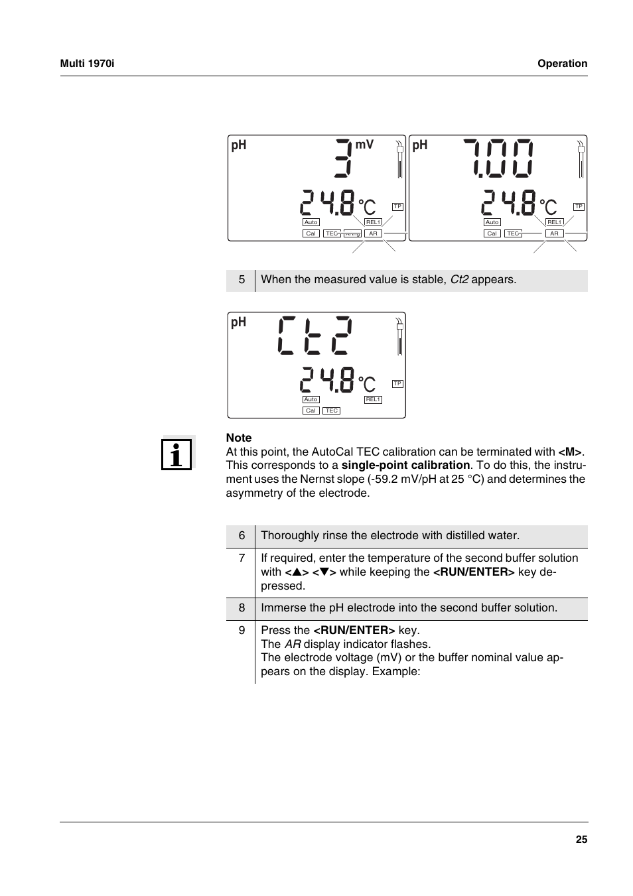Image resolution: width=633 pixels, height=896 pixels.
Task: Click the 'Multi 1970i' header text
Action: (87, 64)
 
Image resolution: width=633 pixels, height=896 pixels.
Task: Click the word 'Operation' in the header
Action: (562, 64)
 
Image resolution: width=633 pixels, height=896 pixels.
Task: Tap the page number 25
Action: (581, 840)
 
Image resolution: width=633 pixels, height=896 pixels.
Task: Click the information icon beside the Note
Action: (177, 454)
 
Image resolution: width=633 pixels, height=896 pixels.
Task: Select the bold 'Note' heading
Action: (239, 438)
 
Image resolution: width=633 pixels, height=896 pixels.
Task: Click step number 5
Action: (242, 280)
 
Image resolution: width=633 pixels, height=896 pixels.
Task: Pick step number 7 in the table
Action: (242, 558)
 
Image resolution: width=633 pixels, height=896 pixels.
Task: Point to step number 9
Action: (242, 630)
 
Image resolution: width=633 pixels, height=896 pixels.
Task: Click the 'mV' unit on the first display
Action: (364, 145)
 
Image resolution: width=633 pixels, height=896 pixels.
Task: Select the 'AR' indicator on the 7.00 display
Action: (554, 233)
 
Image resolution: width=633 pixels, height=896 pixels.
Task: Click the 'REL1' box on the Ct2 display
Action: (373, 399)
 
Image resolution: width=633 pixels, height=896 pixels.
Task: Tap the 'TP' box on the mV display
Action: (397, 207)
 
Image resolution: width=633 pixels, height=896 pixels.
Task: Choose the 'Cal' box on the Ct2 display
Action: (311, 411)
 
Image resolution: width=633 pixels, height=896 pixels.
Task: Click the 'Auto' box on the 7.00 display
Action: (492, 222)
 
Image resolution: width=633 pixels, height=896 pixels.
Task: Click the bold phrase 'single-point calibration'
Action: (405, 466)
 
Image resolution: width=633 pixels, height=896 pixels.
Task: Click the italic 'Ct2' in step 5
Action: (459, 280)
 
